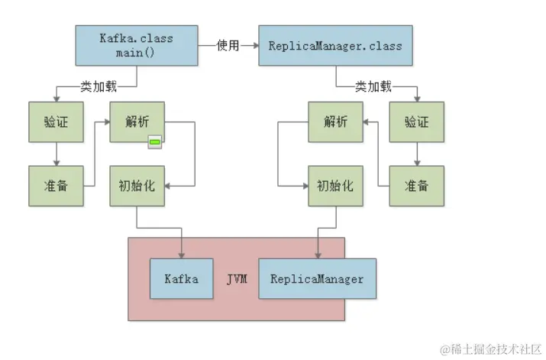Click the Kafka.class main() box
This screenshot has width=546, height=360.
(136, 45)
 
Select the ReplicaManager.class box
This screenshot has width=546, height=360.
(335, 45)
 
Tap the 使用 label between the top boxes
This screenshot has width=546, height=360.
(228, 46)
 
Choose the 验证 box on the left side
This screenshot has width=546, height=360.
(56, 121)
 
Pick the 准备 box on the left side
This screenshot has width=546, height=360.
(56, 185)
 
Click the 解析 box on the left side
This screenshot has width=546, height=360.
(137, 121)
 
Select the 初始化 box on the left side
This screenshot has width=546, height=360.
(137, 185)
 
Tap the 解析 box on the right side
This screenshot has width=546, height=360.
(335, 121)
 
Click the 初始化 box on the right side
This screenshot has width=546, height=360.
(335, 185)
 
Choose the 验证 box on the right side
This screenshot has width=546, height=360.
(416, 121)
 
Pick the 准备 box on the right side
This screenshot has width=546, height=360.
(416, 185)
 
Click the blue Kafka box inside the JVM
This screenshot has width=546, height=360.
(181, 278)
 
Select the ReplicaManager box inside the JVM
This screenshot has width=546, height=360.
(317, 278)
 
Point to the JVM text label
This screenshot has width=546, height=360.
(237, 279)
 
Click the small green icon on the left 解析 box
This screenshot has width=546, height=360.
(156, 141)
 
